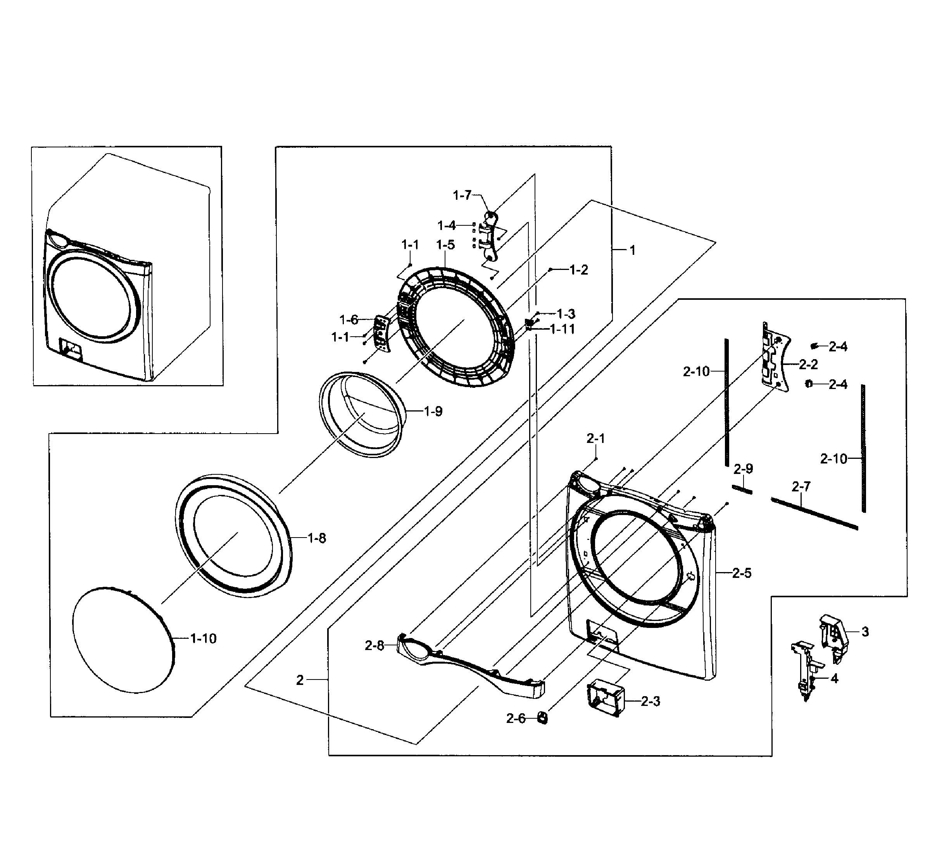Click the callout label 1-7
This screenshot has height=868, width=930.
(x=462, y=195)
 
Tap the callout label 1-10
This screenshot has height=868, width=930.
(x=203, y=638)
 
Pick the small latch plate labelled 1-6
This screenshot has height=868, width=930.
(x=382, y=333)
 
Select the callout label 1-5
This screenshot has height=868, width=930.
(x=445, y=245)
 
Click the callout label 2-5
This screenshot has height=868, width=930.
(x=742, y=573)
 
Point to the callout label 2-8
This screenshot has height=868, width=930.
(x=374, y=646)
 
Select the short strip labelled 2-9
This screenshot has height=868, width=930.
(x=742, y=489)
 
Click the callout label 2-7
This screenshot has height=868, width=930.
(x=801, y=487)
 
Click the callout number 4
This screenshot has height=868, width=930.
(x=835, y=678)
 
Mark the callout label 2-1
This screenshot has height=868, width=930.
(x=595, y=438)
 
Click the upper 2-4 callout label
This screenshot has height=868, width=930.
(x=838, y=347)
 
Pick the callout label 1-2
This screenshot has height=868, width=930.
(x=578, y=270)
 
